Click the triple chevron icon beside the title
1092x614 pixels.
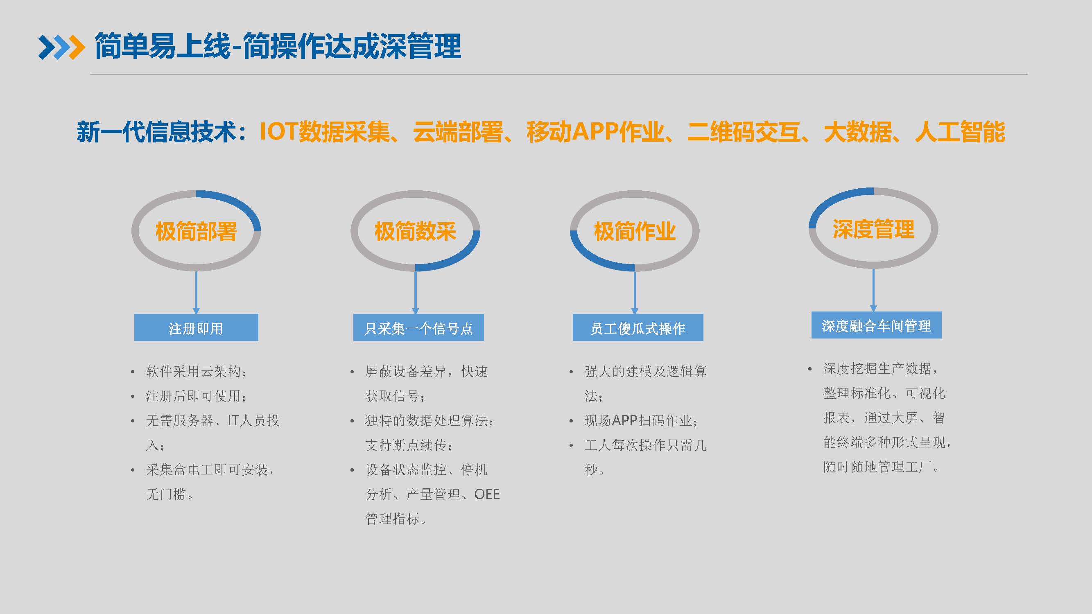61,47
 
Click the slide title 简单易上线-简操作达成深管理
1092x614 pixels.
278,46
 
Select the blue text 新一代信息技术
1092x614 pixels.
156,132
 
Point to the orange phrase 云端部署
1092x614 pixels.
458,132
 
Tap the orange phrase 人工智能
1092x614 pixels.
960,132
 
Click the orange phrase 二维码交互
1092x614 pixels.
744,132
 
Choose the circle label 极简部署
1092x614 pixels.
196,231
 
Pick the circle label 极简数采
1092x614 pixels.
415,231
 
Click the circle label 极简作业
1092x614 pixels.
635,231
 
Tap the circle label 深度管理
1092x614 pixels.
873,229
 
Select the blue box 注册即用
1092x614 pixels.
196,327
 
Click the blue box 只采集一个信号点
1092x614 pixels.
418,327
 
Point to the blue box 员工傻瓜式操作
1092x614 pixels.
638,327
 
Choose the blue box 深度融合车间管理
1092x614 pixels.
876,325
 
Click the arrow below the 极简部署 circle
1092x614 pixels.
196,292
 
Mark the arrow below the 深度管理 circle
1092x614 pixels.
873,290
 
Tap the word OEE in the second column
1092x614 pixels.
487,494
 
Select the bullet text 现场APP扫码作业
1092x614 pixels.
640,420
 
